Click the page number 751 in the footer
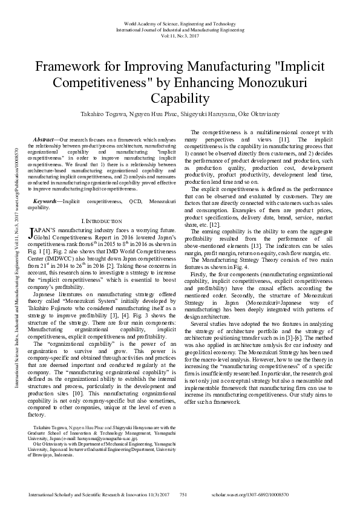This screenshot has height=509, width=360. [x=186, y=494]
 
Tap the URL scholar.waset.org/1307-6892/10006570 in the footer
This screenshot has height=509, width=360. [x=299, y=494]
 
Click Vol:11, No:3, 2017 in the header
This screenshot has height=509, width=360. [x=180, y=36]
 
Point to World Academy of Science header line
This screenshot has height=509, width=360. [x=180, y=22]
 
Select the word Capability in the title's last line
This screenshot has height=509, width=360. [x=180, y=98]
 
